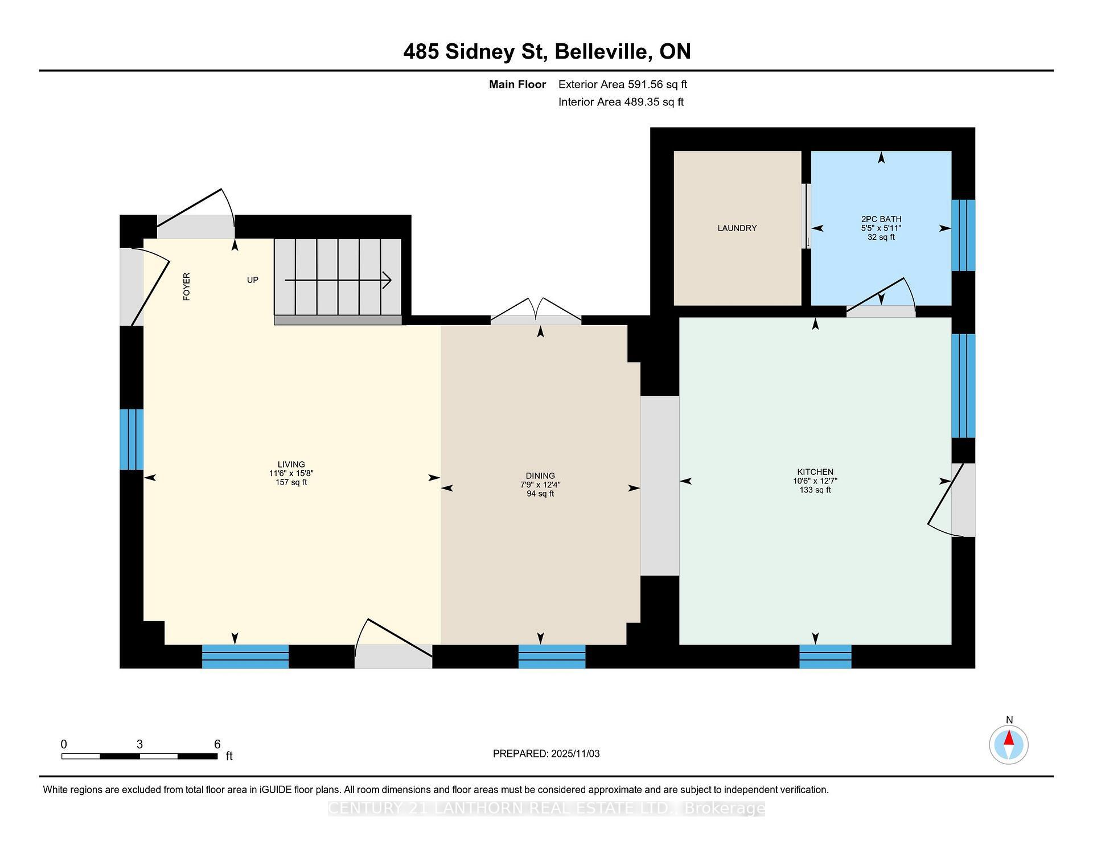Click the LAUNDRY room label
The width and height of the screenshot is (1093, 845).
tap(737, 228)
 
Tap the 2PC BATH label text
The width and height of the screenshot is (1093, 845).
tap(881, 219)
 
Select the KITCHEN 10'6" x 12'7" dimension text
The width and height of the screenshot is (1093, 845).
tap(815, 481)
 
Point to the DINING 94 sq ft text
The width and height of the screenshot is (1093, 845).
tap(540, 494)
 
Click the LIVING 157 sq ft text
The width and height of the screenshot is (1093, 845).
tap(291, 482)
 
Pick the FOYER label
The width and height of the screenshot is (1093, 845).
tap(187, 286)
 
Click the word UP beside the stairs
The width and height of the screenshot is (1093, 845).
tap(252, 280)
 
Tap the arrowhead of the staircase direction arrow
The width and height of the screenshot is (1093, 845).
tap(388, 280)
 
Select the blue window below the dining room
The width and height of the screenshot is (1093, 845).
tap(552, 656)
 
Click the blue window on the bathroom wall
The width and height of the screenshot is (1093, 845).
tap(963, 235)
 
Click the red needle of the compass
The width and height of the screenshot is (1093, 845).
tap(1009, 739)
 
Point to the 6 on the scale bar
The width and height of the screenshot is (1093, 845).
tap(217, 744)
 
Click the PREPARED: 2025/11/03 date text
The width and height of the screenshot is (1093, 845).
tap(546, 753)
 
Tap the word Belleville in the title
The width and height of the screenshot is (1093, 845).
tap(603, 52)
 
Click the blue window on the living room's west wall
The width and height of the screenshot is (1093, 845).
tap(132, 439)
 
